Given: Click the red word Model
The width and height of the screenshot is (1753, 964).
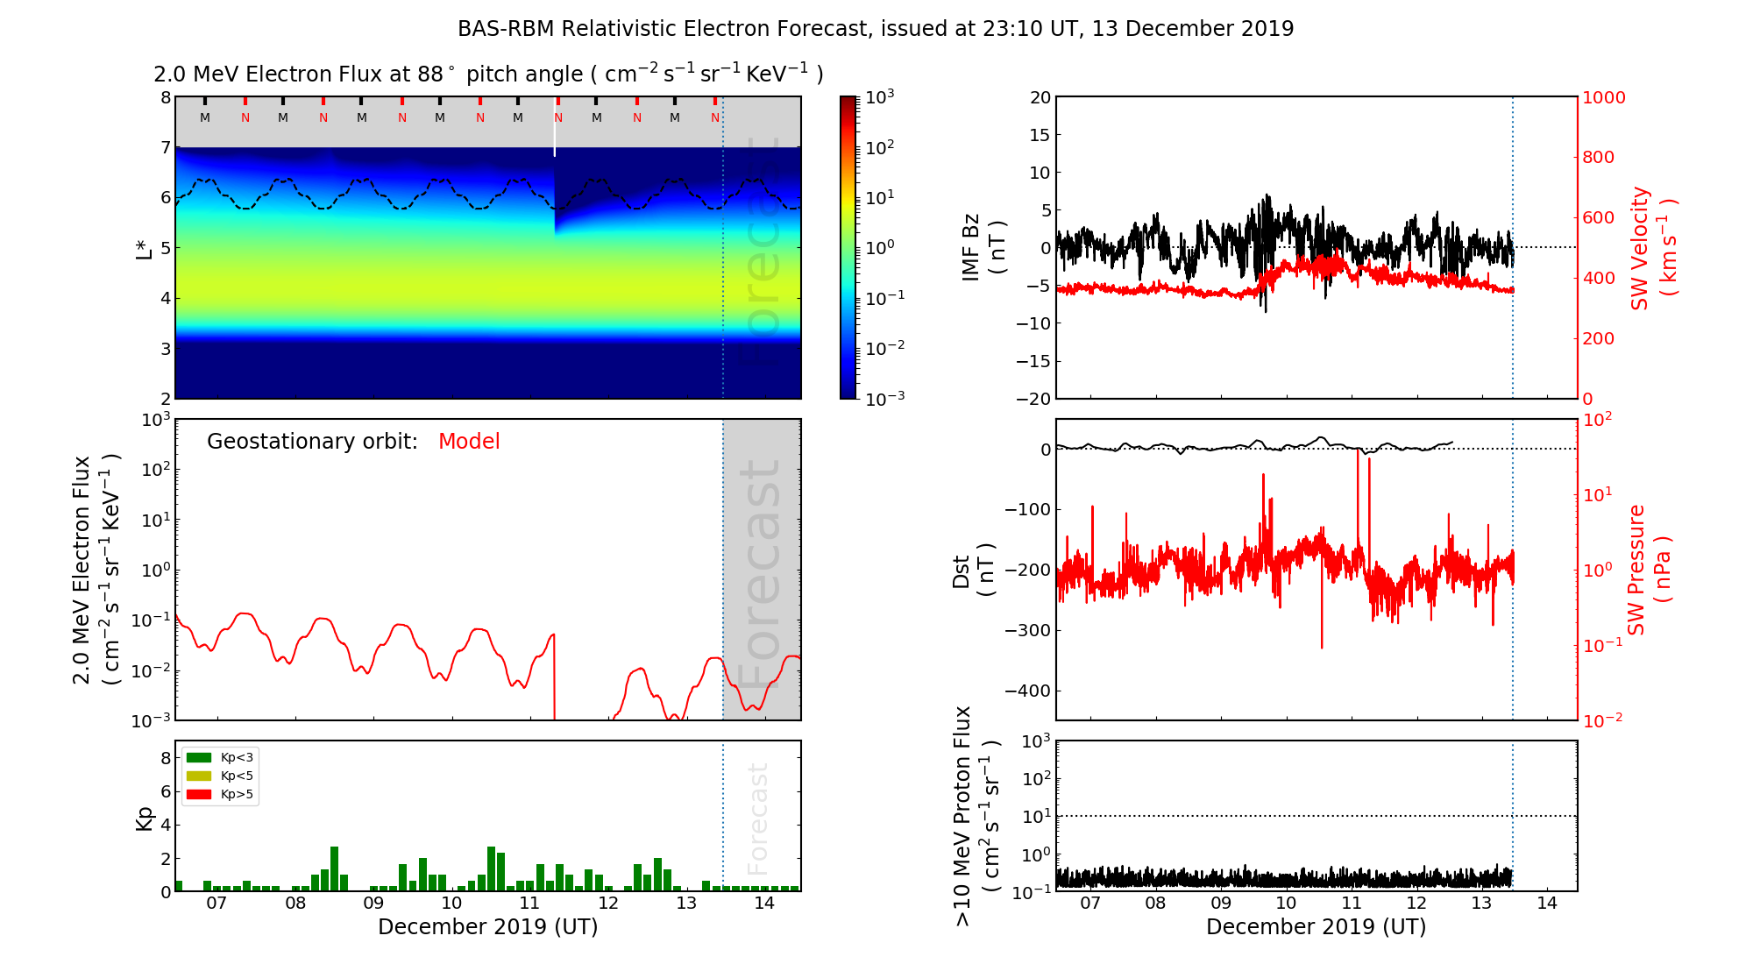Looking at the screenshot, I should coord(469,442).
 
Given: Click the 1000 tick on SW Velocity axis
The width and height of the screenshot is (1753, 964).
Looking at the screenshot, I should coord(1603,97).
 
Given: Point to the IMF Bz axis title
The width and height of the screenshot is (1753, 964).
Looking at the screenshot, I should coord(983,249).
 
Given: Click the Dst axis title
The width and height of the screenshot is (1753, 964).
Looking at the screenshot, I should coord(973,571).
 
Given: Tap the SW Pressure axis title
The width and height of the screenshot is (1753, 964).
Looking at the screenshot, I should coord(1649,570).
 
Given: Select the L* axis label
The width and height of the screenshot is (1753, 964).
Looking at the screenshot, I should coord(145,247).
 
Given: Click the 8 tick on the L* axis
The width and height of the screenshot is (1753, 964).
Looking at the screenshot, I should coord(165,97).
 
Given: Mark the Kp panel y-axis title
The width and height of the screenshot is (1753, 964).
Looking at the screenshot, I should coord(145,819).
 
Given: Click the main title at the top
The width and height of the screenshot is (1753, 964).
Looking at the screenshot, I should coord(876,29).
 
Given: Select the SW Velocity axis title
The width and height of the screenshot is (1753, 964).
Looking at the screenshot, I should coord(1652,248).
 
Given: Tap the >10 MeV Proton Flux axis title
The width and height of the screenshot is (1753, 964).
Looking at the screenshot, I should coord(976,816).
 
